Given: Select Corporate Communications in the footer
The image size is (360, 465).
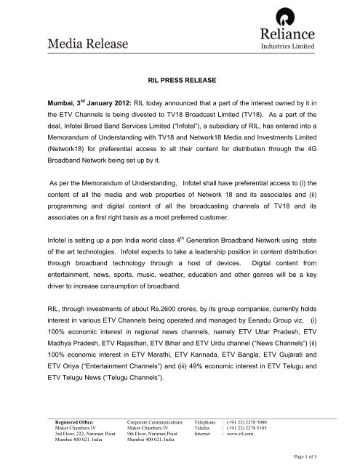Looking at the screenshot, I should click(x=153, y=421).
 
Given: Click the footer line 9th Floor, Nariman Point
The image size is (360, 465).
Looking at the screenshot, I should click(x=153, y=434).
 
